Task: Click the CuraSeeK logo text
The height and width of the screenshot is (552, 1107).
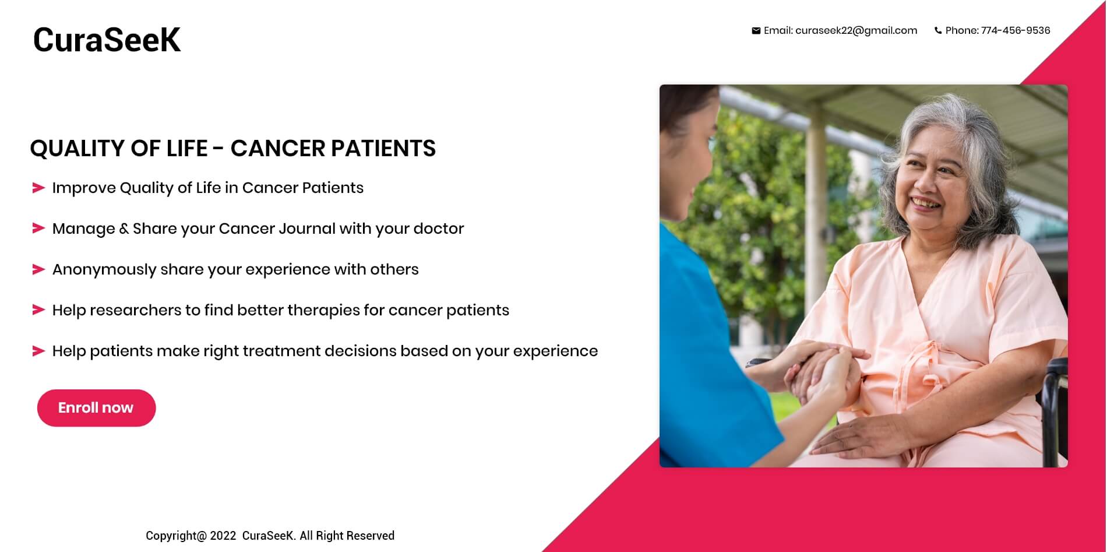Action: point(107,40)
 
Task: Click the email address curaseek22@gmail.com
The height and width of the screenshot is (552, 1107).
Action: point(856,30)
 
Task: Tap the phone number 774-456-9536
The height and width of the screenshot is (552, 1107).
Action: point(1016,30)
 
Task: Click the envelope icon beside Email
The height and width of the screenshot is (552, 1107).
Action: point(756,31)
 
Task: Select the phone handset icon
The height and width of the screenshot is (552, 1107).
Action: point(937,31)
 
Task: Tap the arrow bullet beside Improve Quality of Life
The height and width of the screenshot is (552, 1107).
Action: point(38,188)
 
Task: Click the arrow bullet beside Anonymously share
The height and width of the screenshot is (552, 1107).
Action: point(38,269)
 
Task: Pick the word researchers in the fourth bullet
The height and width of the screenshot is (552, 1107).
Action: point(135,310)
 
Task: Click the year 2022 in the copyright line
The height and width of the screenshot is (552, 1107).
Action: point(223,536)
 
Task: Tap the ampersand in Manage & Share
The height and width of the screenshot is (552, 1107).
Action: point(124,228)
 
